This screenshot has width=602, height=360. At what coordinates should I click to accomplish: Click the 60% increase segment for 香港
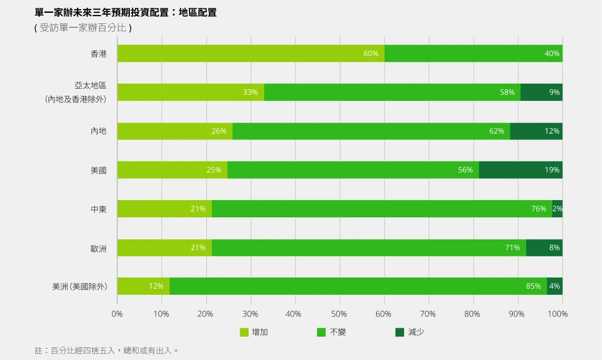click(x=251, y=53)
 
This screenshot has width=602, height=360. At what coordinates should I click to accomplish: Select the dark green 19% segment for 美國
click(x=521, y=170)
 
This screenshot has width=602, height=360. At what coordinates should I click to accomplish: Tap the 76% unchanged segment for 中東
click(x=382, y=208)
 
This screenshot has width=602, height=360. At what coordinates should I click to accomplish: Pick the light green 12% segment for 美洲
click(x=143, y=286)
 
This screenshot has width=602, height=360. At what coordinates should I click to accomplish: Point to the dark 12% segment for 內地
click(x=536, y=131)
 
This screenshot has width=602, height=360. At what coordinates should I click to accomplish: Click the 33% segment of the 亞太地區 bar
click(x=191, y=93)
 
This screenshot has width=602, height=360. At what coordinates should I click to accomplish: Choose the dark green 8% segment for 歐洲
click(x=544, y=247)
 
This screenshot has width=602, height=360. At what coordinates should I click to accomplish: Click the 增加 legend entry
click(x=254, y=332)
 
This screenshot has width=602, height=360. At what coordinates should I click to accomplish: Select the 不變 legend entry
click(x=332, y=332)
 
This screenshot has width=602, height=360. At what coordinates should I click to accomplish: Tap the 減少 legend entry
click(x=410, y=332)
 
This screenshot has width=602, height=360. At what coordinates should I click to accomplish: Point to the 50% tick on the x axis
click(x=339, y=314)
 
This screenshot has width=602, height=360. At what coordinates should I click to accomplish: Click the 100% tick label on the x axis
click(x=558, y=314)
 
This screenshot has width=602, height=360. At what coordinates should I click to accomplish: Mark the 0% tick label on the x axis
click(x=117, y=314)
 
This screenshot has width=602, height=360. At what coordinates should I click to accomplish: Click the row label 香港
click(x=99, y=54)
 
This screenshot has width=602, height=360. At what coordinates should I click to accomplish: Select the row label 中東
click(x=99, y=210)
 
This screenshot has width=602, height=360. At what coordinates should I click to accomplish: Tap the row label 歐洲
click(x=99, y=249)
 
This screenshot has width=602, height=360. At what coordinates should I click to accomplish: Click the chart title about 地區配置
click(x=126, y=12)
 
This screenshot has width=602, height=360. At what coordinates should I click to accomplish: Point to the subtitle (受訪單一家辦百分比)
click(x=83, y=27)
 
